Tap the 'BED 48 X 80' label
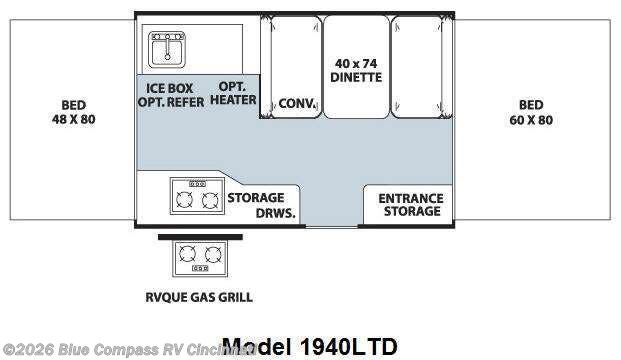[x=72, y=112]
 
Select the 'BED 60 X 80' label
[x=530, y=112]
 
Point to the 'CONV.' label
[x=297, y=102]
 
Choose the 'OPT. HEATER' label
[x=233, y=94]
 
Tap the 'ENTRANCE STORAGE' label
[x=410, y=204]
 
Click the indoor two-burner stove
[x=196, y=198]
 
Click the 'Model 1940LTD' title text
[x=310, y=346]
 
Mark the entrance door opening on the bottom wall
[x=332, y=222]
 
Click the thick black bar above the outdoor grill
[x=201, y=237]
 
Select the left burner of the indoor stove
[x=184, y=201]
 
